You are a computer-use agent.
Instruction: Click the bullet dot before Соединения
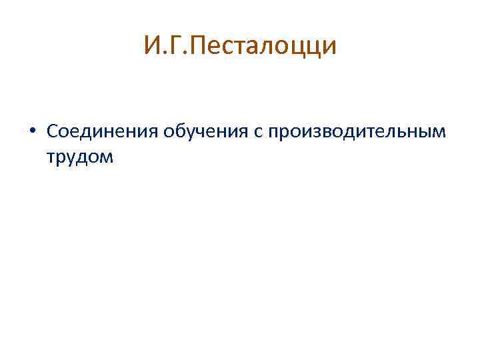coord(32,131)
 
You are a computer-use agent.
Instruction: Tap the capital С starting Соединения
coord(53,131)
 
